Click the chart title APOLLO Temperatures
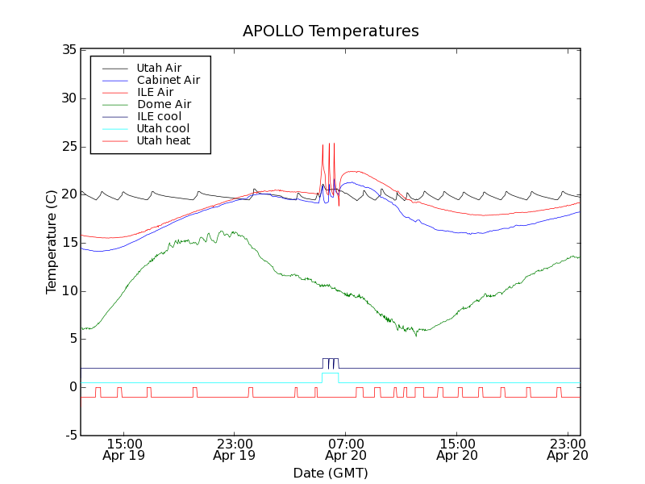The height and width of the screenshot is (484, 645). coord(331,31)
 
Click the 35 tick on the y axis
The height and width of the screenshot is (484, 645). coord(69,50)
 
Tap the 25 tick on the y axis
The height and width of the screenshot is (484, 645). coord(69,147)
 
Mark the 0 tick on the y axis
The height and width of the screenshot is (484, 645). coord(73,387)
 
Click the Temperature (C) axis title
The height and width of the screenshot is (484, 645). coord(52,242)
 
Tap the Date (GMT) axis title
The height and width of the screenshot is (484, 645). coord(331,473)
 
